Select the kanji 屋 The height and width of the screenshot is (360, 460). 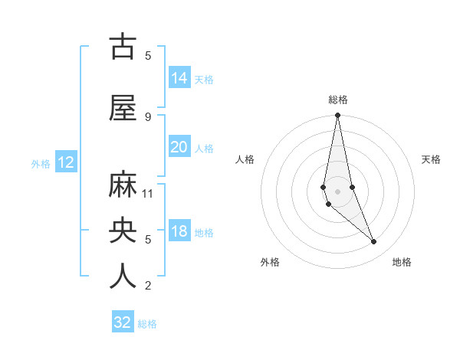[x=123, y=108]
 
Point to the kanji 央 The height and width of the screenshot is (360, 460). [x=123, y=230]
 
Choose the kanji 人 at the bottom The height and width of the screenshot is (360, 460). [x=123, y=276]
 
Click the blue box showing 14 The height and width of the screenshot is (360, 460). [x=179, y=78]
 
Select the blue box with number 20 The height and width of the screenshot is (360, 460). [x=179, y=148]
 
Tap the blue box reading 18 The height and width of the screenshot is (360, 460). [x=179, y=232]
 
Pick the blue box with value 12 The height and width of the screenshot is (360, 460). [x=66, y=162]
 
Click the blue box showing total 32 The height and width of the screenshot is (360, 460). [x=123, y=322]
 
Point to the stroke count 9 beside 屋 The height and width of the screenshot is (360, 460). [x=148, y=116]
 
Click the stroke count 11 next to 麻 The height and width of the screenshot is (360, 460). [x=148, y=193]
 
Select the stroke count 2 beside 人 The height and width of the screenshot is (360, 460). [x=148, y=286]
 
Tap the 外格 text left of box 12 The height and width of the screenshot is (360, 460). [x=41, y=163]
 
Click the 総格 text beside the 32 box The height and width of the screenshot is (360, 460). [x=147, y=324]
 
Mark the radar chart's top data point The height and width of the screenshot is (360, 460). [x=337, y=116]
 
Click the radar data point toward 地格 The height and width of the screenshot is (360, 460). [x=374, y=242]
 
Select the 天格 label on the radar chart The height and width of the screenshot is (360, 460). [x=432, y=159]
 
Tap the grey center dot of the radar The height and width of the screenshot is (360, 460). [x=337, y=191]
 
